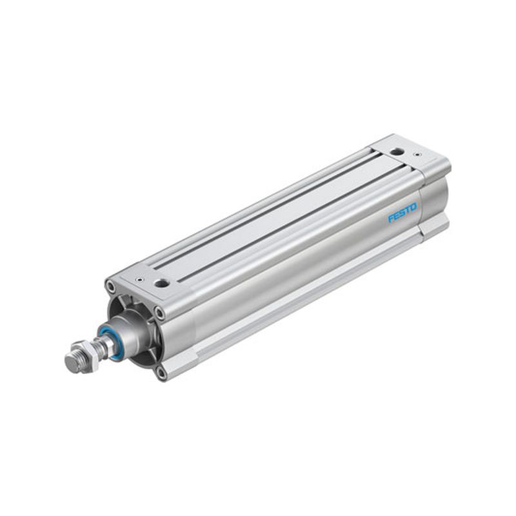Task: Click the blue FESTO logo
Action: click(x=402, y=212)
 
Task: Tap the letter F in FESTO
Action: click(x=391, y=219)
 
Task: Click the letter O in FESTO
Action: click(x=413, y=206)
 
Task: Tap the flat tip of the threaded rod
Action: click(x=70, y=362)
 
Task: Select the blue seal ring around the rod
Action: click(x=110, y=342)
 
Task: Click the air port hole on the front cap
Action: click(x=162, y=283)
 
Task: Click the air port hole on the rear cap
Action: click(x=396, y=152)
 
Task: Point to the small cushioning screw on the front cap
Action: click(x=141, y=280)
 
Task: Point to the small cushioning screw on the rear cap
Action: click(x=417, y=154)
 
